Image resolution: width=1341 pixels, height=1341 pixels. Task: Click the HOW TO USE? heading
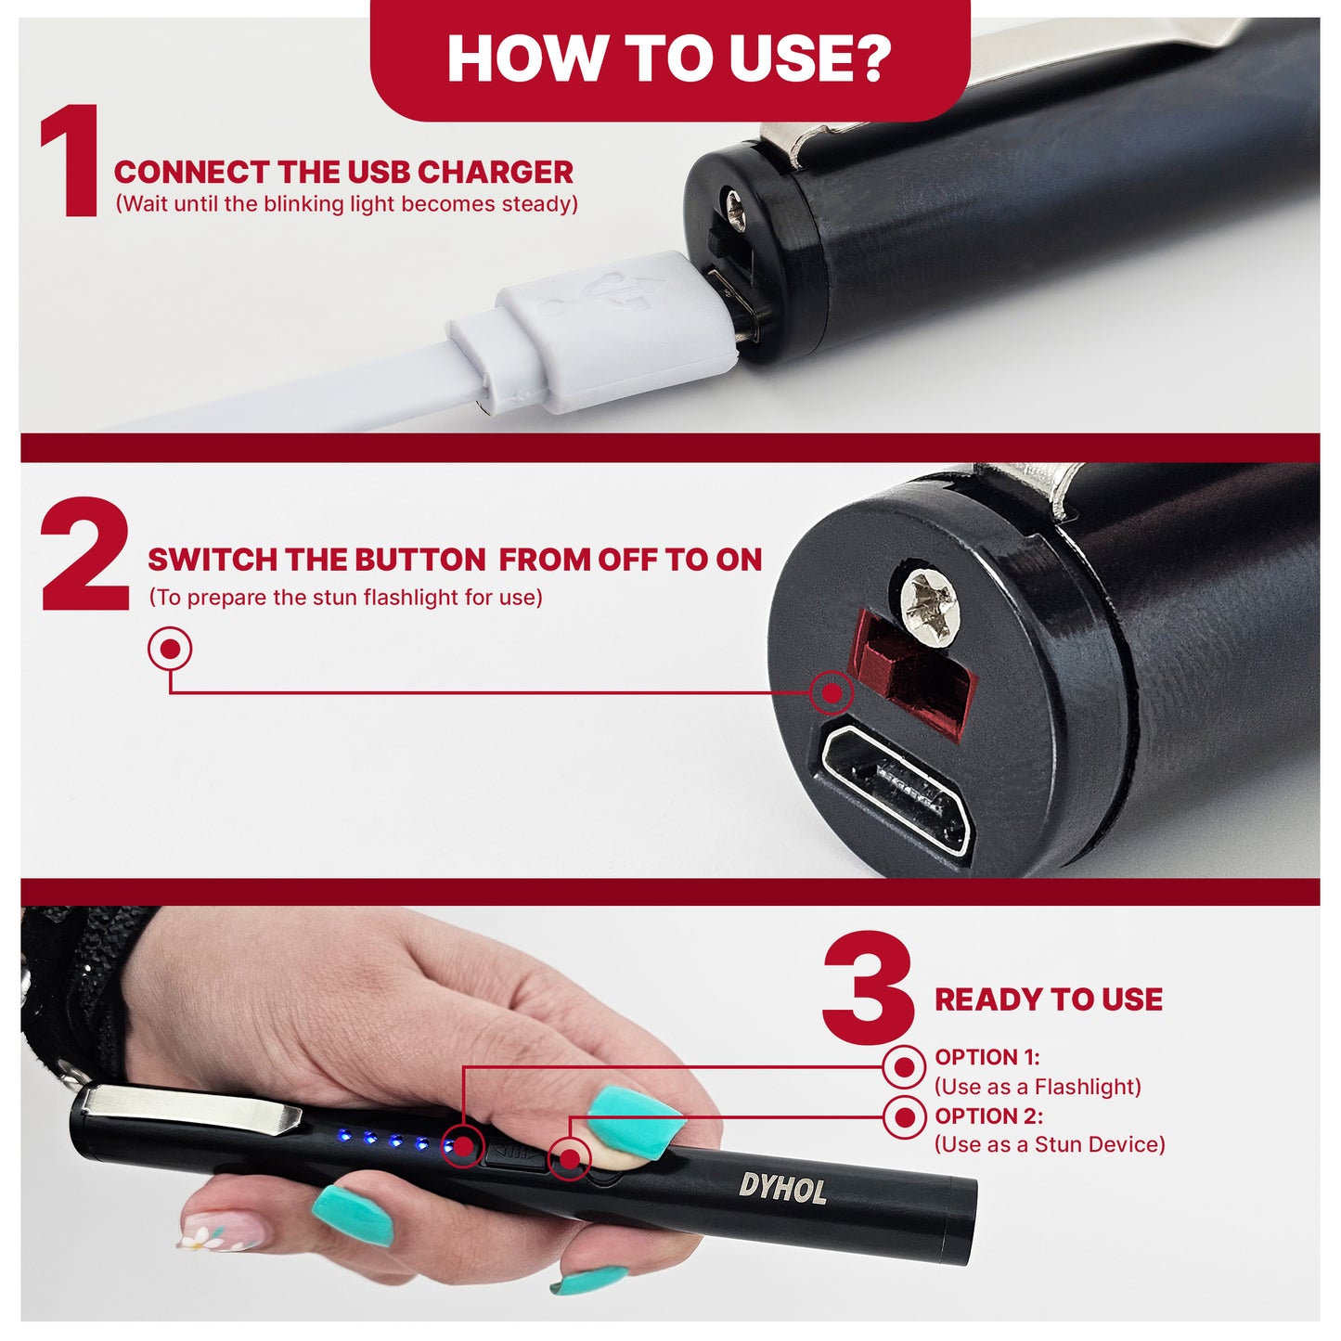click(669, 58)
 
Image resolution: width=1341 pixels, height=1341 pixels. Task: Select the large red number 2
click(85, 555)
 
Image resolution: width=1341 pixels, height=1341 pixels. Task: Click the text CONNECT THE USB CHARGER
click(343, 173)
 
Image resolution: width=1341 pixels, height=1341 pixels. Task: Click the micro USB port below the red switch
click(895, 791)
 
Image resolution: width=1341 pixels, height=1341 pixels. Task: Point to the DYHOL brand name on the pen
click(782, 1188)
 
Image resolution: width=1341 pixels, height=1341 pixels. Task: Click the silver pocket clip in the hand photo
click(190, 1107)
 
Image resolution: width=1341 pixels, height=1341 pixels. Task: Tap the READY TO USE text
click(1049, 999)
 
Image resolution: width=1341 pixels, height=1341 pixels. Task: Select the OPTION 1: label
click(986, 1057)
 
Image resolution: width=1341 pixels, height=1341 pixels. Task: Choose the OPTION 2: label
click(988, 1115)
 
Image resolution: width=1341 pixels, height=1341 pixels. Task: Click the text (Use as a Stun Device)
click(1049, 1144)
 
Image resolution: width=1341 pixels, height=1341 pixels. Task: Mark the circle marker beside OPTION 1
click(904, 1067)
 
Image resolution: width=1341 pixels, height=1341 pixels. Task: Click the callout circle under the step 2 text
click(170, 649)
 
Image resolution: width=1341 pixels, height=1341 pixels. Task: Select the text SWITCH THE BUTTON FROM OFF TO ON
click(455, 560)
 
